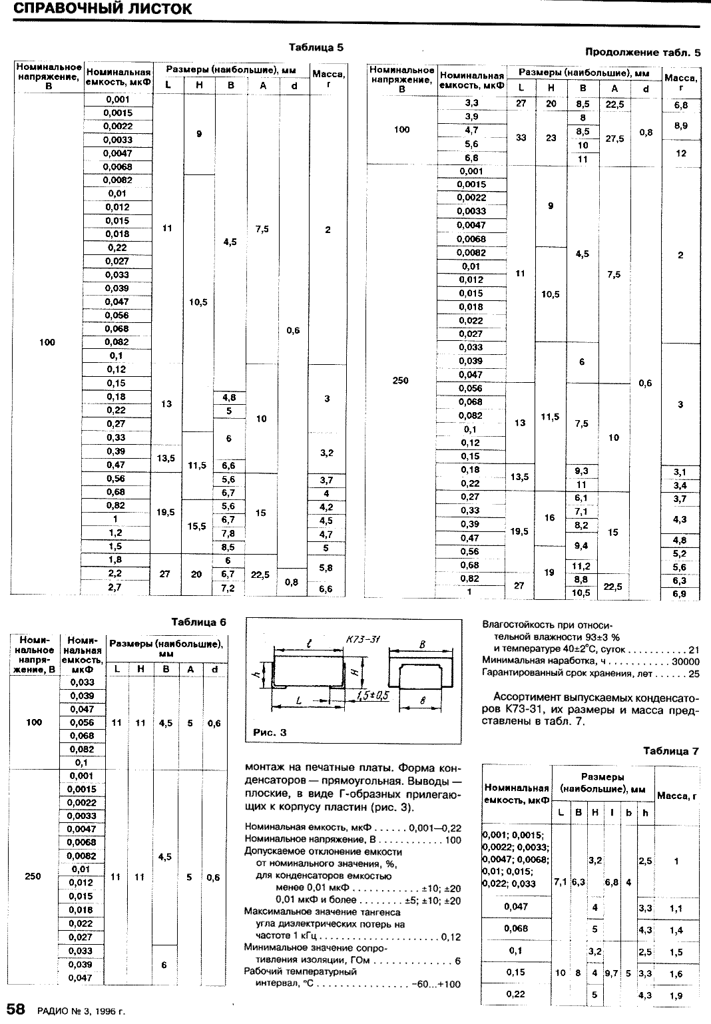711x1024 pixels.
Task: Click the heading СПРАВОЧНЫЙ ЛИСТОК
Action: pyautogui.click(x=103, y=9)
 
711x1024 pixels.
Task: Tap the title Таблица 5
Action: pyautogui.click(x=316, y=48)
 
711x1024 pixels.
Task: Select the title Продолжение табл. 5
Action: pyautogui.click(x=643, y=52)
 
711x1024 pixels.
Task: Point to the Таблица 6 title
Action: pyautogui.click(x=198, y=623)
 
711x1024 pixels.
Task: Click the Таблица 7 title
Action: pyautogui.click(x=671, y=751)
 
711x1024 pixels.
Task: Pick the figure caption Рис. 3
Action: pyautogui.click(x=270, y=732)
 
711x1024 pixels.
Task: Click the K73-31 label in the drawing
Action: pyautogui.click(x=363, y=640)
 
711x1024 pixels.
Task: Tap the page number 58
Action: pyautogui.click(x=16, y=1009)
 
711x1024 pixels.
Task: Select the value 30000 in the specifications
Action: pyautogui.click(x=685, y=661)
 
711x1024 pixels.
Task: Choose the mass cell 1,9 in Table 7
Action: pyautogui.click(x=676, y=996)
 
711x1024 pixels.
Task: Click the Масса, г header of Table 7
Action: pyautogui.click(x=676, y=796)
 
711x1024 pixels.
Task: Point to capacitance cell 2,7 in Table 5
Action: pyautogui.click(x=115, y=588)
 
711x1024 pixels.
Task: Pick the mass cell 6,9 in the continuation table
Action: pyautogui.click(x=680, y=594)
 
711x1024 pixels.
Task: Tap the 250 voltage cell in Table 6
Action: pyautogui.click(x=33, y=876)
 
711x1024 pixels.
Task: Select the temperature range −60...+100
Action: pyautogui.click(x=436, y=984)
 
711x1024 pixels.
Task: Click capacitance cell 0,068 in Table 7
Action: pyautogui.click(x=515, y=929)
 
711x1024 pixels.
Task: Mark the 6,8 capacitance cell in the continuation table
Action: pyautogui.click(x=471, y=158)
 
